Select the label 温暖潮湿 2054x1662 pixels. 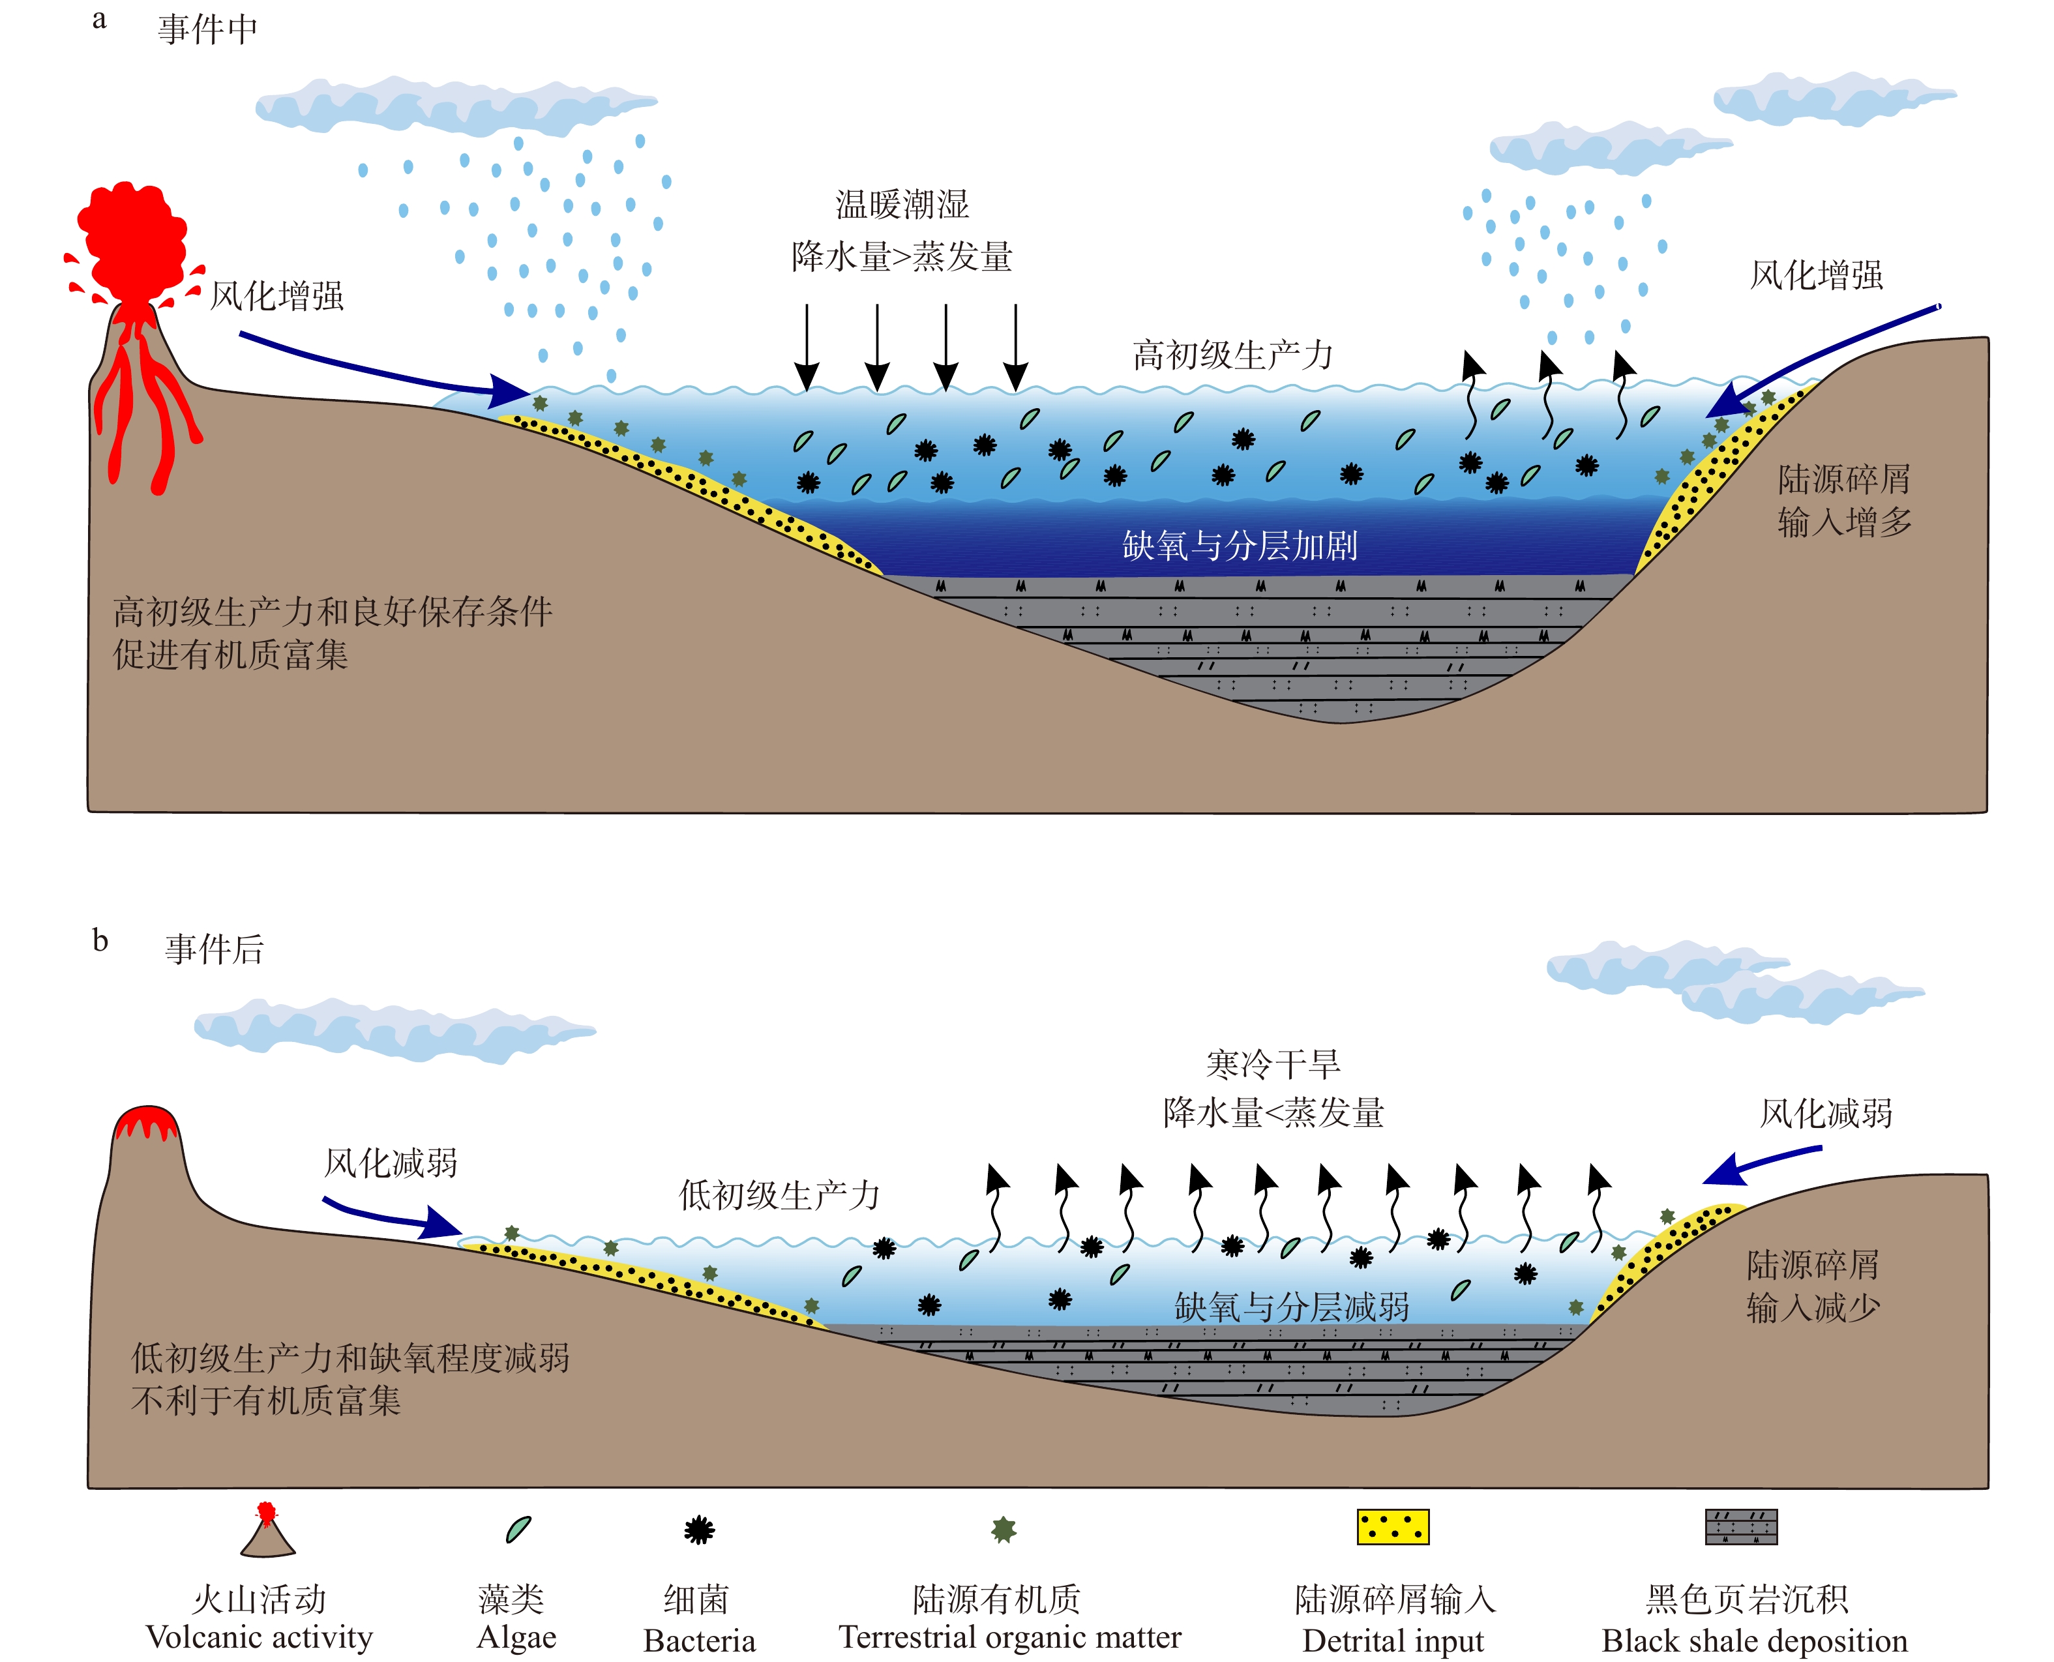pos(902,204)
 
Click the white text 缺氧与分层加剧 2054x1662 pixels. pos(1240,546)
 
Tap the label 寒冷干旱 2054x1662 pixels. pos(1273,1063)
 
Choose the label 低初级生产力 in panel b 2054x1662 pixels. pos(779,1195)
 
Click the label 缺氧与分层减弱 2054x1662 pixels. pos(1292,1307)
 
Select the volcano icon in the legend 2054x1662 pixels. pos(267,1531)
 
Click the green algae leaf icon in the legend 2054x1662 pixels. pos(518,1529)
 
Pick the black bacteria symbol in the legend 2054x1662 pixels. pos(699,1530)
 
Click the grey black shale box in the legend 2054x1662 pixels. pos(1741,1527)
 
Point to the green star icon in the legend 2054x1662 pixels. pos(1004,1529)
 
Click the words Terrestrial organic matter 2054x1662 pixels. pos(1010,1638)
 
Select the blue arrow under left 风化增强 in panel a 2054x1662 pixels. pos(383,368)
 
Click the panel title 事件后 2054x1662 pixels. pos(215,949)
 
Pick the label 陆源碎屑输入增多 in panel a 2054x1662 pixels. pos(1843,499)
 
